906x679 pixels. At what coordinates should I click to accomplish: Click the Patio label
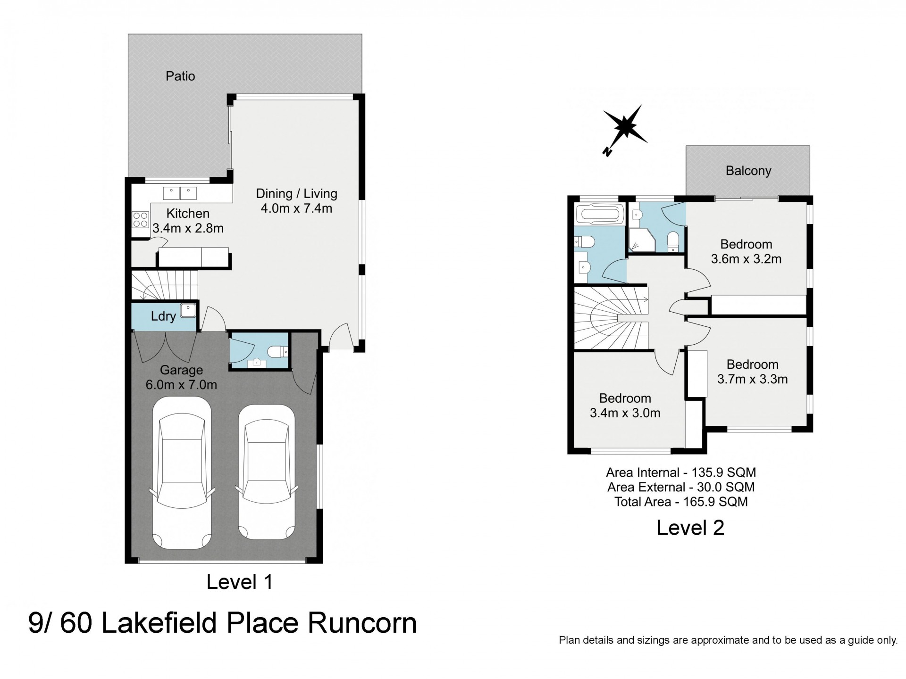coord(180,76)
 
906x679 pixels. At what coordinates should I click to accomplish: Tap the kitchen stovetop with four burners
coord(140,220)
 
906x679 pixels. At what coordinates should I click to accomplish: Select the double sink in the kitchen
coord(180,193)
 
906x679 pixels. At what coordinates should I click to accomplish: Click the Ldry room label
coord(163,316)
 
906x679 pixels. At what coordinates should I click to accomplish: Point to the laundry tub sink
coord(188,310)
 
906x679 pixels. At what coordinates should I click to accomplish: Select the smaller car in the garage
coord(267,472)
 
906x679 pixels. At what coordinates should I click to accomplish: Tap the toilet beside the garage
coord(277,352)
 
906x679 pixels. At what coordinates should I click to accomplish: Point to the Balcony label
coord(748,171)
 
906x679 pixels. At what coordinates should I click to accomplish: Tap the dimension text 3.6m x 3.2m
coord(746,259)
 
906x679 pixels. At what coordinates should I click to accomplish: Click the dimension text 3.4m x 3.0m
coord(625,413)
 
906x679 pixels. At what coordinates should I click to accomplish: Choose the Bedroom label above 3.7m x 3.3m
coord(753,364)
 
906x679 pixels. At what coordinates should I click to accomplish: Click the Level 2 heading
coord(690,528)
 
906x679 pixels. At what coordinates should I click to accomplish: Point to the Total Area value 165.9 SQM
coord(716,502)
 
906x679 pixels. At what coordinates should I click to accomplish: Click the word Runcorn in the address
coord(362,623)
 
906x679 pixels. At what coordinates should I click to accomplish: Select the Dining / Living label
coord(297,194)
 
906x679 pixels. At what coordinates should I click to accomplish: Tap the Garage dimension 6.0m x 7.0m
coord(181,385)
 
